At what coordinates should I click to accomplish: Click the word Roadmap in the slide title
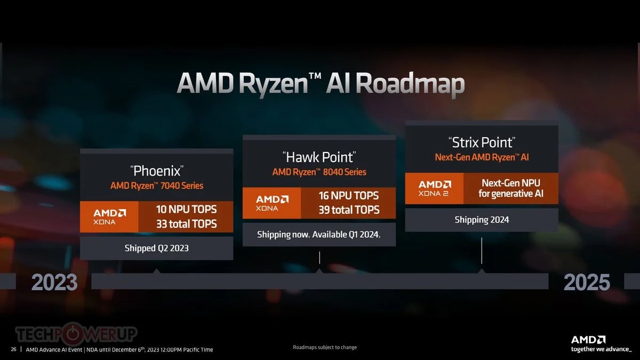pos(410,84)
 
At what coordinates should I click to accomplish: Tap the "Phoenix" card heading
pos(157,171)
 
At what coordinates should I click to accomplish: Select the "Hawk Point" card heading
pos(319,157)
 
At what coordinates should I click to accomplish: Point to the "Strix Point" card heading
pos(482,142)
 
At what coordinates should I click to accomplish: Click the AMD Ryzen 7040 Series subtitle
pos(157,186)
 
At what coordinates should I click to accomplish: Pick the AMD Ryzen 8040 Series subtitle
pos(319,172)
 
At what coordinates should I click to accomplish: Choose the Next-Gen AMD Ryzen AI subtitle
pos(482,157)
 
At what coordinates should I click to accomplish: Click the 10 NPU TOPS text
pos(186,210)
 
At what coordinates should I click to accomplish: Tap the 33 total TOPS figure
pos(186,223)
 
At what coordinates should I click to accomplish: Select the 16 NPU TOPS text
pos(349,196)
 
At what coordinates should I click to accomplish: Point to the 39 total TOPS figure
pos(349,210)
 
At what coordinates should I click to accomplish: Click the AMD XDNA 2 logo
pos(435,188)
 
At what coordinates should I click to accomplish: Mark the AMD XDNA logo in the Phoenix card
pos(109,217)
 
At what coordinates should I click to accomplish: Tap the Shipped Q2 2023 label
pos(157,248)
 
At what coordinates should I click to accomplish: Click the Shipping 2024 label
pos(482,220)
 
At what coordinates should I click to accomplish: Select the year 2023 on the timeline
pos(54,282)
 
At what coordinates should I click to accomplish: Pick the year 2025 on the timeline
pos(587,282)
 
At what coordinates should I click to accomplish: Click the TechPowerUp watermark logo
pos(76,333)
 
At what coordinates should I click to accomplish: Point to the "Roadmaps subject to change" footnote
pos(325,347)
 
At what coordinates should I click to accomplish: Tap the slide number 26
pos(13,349)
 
